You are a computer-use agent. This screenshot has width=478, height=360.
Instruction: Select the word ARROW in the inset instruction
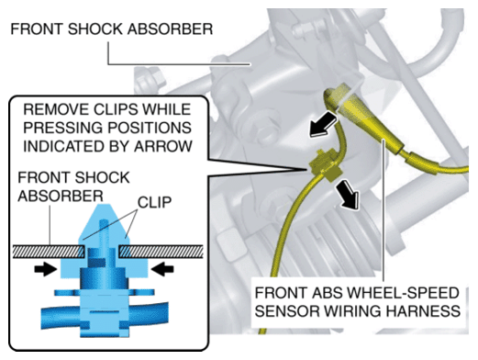point(163,146)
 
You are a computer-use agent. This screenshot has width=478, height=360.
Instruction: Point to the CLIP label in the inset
point(154,202)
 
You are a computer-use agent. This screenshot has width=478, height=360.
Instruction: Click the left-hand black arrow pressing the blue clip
point(46,269)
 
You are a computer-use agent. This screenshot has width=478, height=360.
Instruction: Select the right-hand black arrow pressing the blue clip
point(162,269)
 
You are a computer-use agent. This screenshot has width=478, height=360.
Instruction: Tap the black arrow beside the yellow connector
point(324,124)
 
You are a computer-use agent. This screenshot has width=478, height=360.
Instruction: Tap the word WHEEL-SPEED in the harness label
point(404,293)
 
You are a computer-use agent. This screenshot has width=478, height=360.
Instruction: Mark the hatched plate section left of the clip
point(49,251)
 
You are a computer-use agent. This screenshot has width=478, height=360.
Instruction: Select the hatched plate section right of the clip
point(161,251)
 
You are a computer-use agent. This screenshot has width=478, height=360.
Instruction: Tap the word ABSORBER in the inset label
point(61,197)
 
